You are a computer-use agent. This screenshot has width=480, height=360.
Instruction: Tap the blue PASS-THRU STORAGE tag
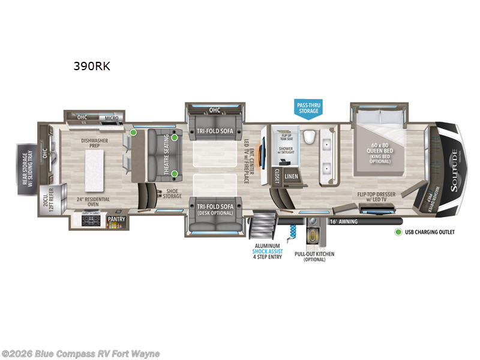coord(310,107)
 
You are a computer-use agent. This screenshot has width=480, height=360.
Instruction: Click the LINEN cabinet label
coord(292,176)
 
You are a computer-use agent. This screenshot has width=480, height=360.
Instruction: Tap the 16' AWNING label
coord(343,221)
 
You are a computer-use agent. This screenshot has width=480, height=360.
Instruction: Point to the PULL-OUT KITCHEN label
coord(314,257)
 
